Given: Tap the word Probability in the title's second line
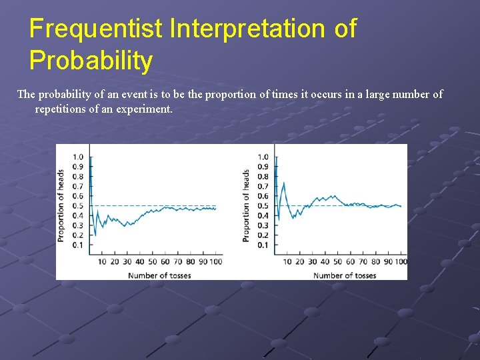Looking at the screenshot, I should (x=91, y=61).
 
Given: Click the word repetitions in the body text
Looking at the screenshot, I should (x=60, y=109).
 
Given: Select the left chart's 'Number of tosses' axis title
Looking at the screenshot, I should (x=159, y=275).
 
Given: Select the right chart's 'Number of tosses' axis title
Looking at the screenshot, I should (x=344, y=275).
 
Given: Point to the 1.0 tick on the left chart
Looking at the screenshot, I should (x=78, y=157).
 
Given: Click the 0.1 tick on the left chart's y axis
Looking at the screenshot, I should (x=78, y=245).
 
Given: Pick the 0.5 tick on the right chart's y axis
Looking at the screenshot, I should (x=263, y=206).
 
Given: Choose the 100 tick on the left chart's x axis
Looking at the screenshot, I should (x=215, y=261).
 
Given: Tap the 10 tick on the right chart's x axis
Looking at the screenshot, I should (x=287, y=261).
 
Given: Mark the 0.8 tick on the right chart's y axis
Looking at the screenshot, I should (x=263, y=177).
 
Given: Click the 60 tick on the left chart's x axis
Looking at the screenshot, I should (x=165, y=261).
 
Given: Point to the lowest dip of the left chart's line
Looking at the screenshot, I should (x=95, y=234).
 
